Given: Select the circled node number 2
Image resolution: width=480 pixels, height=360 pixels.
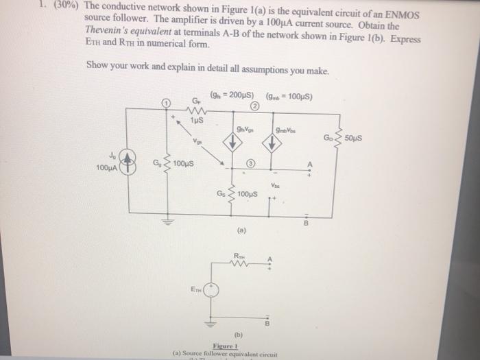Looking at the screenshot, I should (x=255, y=107).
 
